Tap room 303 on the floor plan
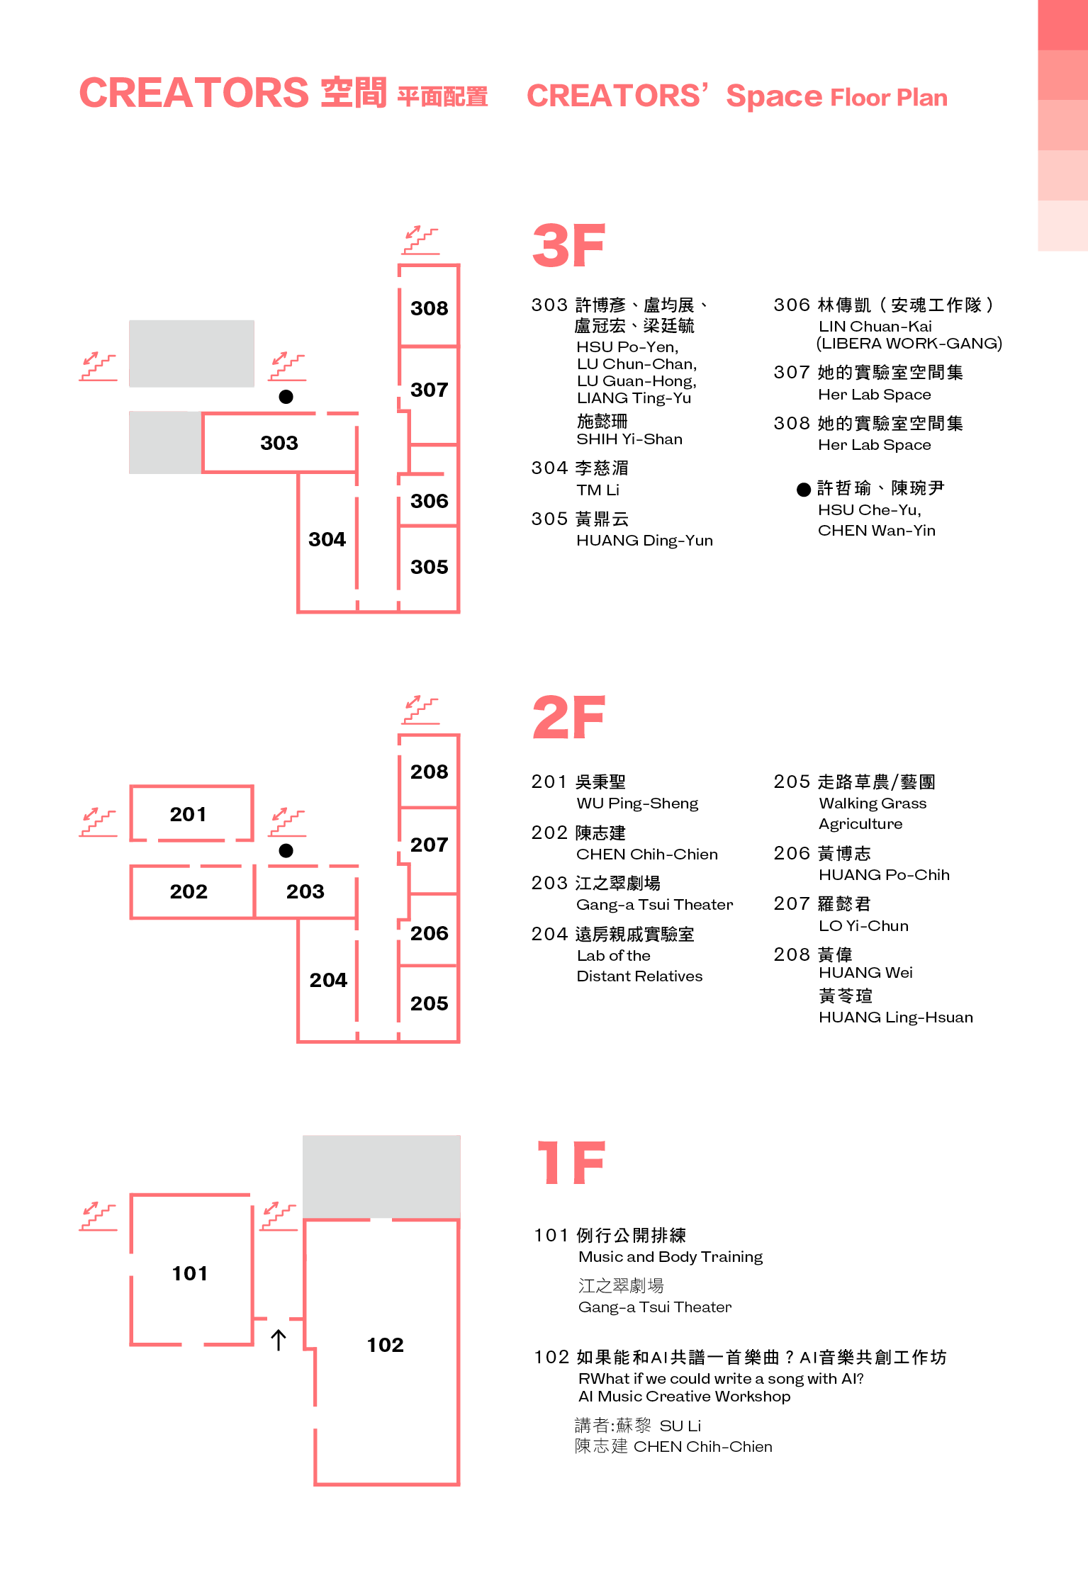(x=279, y=442)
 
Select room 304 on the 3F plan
(x=327, y=541)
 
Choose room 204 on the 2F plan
(x=327, y=980)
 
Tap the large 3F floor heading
(x=568, y=245)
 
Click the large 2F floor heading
(x=568, y=716)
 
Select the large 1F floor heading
(x=571, y=1162)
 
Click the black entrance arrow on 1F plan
(x=279, y=1339)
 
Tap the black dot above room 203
(x=286, y=850)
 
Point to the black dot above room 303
(x=286, y=397)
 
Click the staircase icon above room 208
(x=421, y=709)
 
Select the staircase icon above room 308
(x=421, y=239)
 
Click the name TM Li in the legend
(x=598, y=490)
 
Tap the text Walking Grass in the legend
(x=873, y=803)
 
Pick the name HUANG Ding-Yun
(x=644, y=541)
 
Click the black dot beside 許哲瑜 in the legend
(x=804, y=490)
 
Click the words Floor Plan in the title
(x=889, y=97)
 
